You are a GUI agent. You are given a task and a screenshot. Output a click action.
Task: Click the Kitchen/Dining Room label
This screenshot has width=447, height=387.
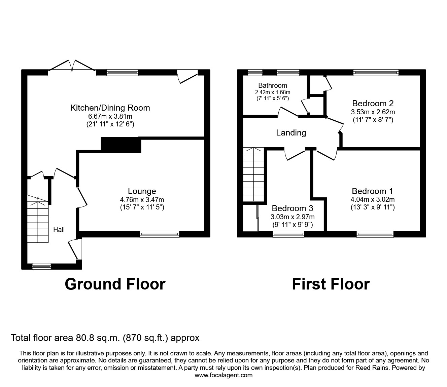point(110,108)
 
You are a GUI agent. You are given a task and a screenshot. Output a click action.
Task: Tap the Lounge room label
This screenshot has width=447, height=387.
point(142,191)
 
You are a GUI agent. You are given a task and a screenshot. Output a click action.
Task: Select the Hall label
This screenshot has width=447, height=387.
point(59,230)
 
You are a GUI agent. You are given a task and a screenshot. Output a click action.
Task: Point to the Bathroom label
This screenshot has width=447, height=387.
point(273,85)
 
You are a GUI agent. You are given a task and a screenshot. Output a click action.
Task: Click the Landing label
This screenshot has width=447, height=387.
point(291,133)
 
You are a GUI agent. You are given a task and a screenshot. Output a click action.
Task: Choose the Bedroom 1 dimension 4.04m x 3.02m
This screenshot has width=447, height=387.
point(372,199)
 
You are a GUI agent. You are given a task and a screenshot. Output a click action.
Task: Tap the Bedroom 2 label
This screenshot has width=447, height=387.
point(373,103)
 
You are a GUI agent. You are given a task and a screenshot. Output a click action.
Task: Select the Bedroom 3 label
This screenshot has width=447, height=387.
point(292,208)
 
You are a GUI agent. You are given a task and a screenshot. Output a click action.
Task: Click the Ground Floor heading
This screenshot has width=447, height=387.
point(115,284)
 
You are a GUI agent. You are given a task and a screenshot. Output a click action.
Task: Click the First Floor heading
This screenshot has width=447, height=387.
point(331,284)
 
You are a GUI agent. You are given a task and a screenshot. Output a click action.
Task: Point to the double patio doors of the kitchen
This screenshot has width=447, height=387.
point(72,66)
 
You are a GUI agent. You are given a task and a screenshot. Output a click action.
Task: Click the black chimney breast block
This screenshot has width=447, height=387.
point(121,145)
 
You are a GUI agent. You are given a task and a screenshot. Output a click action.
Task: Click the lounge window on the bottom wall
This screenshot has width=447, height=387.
point(160,234)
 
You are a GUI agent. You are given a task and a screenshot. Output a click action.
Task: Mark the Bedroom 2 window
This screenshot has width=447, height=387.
point(376,72)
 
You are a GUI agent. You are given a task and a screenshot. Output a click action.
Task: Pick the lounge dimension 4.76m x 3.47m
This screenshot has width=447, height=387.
point(142,200)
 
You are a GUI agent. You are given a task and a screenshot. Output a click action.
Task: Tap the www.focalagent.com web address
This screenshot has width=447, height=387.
point(224,375)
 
